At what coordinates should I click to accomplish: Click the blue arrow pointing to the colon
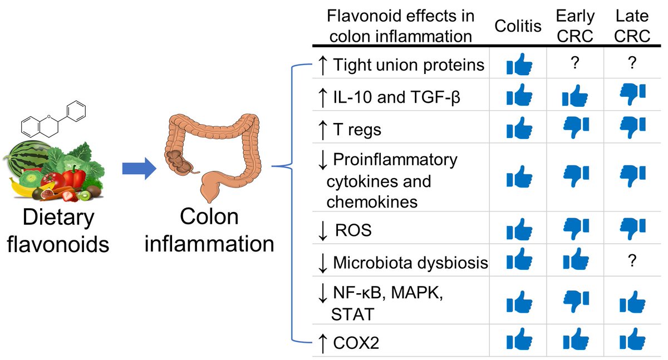tap(136, 167)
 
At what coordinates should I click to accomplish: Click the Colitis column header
tap(519, 26)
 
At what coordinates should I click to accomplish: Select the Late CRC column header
tap(633, 26)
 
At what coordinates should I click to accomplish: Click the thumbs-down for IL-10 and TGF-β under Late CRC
tap(632, 95)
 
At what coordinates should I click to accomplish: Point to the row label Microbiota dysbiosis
tap(410, 263)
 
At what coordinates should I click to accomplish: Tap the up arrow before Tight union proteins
tap(322, 65)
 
